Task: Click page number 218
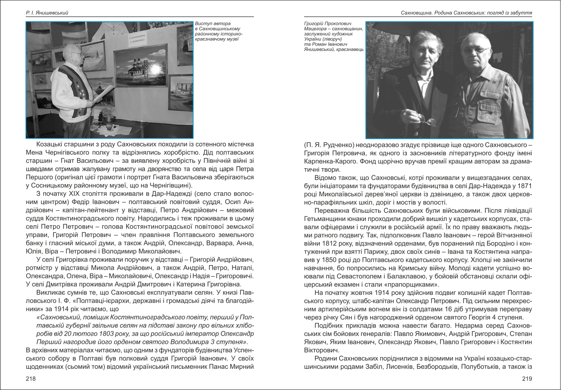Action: click(x=31, y=378)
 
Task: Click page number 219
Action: click(x=526, y=378)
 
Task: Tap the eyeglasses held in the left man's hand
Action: click(x=427, y=120)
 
